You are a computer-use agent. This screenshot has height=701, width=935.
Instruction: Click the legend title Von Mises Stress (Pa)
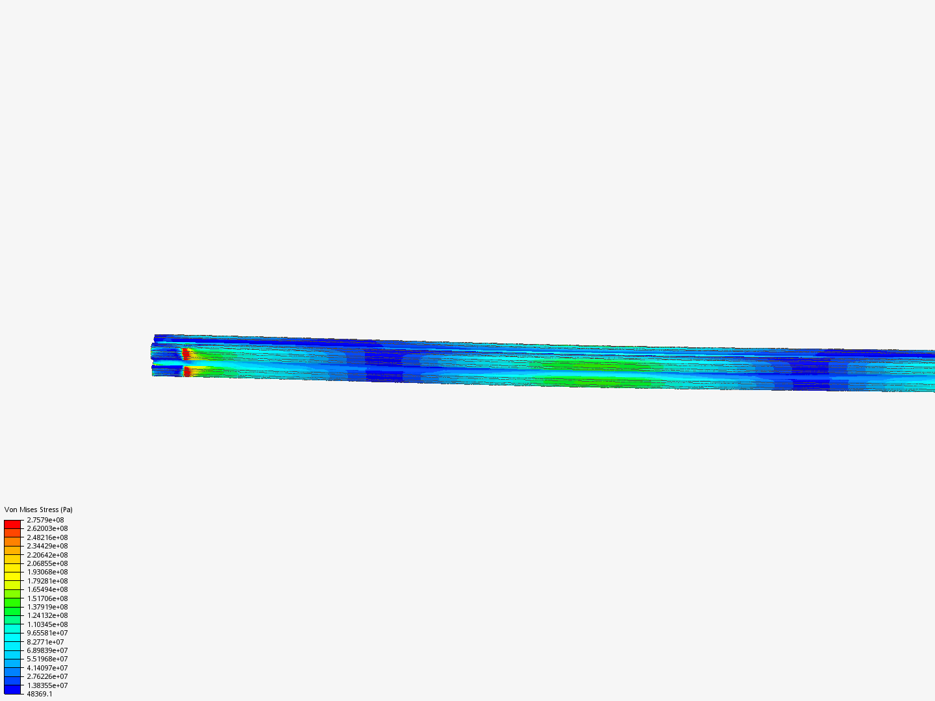[38, 510]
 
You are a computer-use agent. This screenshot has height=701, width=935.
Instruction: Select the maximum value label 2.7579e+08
[45, 520]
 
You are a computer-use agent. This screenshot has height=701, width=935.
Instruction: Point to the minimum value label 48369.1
[40, 695]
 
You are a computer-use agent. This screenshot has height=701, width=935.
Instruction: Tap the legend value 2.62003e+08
[47, 528]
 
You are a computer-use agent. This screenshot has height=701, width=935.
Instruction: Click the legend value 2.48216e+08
[47, 537]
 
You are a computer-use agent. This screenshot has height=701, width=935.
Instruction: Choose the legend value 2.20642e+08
[47, 555]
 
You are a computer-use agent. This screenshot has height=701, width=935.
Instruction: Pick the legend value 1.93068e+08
[47, 572]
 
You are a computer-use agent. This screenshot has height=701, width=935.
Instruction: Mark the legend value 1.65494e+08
[47, 589]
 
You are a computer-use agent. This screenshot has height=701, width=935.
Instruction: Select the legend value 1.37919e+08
[47, 607]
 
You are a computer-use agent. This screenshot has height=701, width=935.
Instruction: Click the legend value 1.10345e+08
[47, 624]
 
